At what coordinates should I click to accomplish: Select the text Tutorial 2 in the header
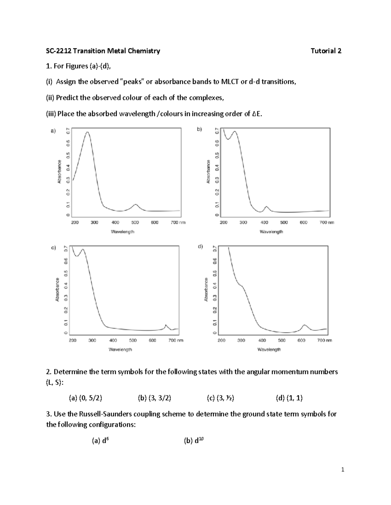click(x=326, y=51)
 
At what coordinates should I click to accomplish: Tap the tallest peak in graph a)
click(x=87, y=132)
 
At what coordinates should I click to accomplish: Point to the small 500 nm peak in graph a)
click(x=135, y=205)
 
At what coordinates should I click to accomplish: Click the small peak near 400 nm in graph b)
click(x=266, y=206)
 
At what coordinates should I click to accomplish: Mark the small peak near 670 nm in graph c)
click(x=166, y=325)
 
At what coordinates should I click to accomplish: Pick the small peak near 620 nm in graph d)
click(x=304, y=325)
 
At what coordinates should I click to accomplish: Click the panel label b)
click(x=199, y=129)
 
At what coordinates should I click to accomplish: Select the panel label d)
click(x=200, y=247)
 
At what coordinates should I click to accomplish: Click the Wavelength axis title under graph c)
click(x=120, y=350)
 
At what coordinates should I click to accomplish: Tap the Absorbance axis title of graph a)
click(x=59, y=171)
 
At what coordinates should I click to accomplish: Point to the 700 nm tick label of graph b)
click(x=326, y=223)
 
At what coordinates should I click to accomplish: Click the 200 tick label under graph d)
click(x=221, y=340)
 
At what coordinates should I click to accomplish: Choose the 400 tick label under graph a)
click(x=115, y=223)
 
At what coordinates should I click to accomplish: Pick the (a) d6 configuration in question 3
click(x=100, y=441)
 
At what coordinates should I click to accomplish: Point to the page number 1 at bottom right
click(x=342, y=470)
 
